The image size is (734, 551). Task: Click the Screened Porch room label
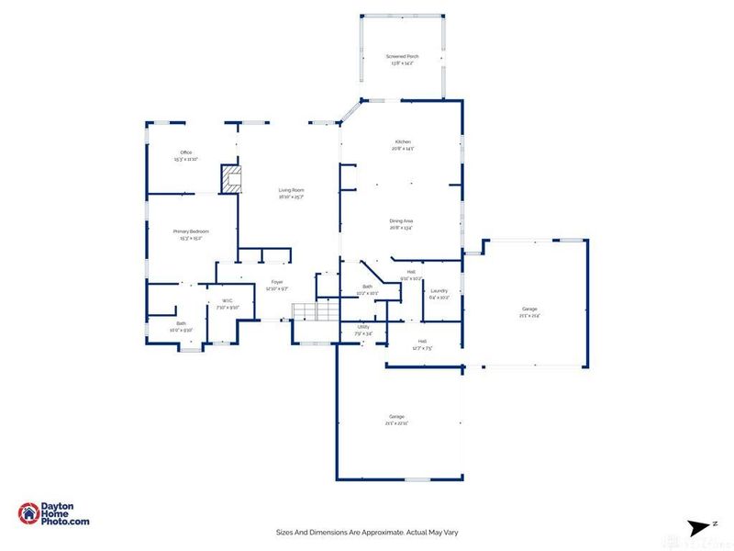[x=402, y=60]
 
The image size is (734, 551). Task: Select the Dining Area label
[x=402, y=223]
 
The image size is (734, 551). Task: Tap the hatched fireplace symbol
[x=231, y=178]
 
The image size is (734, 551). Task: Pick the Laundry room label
[x=439, y=293]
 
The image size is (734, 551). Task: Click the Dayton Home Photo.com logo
[x=54, y=513]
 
